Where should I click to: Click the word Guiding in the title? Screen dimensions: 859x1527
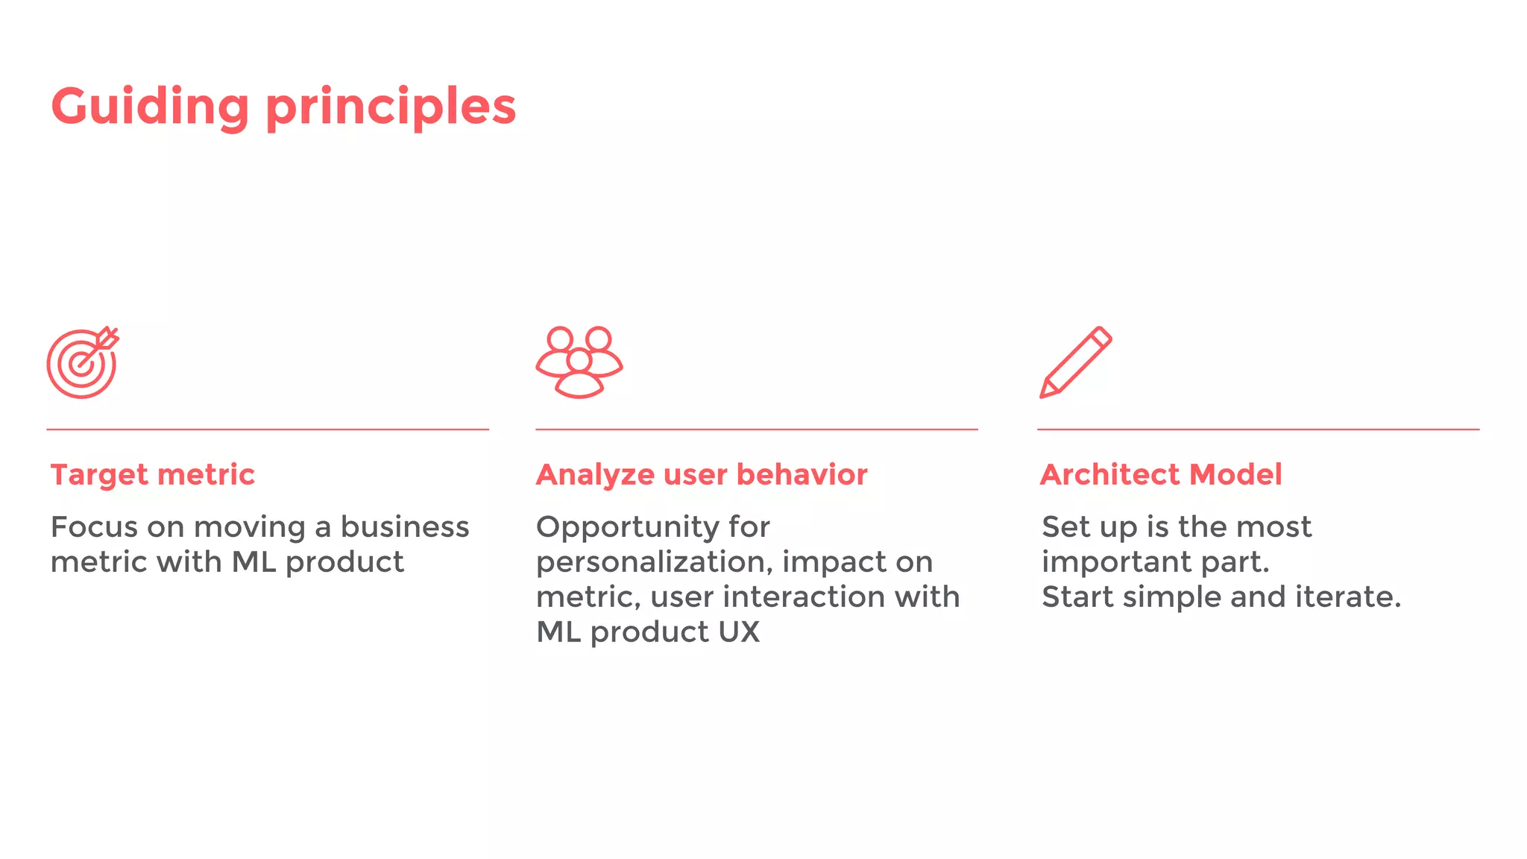150,107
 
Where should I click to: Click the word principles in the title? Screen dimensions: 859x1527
391,107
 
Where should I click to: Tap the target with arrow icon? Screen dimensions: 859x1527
82,363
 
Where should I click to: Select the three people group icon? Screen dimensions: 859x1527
579,362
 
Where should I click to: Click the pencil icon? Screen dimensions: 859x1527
1075,362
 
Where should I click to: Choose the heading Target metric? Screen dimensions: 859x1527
153,474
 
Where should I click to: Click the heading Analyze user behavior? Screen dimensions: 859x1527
702,474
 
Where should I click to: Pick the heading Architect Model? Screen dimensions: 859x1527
1161,474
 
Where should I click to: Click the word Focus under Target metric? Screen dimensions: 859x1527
94,527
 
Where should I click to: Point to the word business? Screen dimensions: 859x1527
405,527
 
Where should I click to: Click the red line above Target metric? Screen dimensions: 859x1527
268,429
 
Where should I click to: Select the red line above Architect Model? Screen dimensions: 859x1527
1258,429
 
